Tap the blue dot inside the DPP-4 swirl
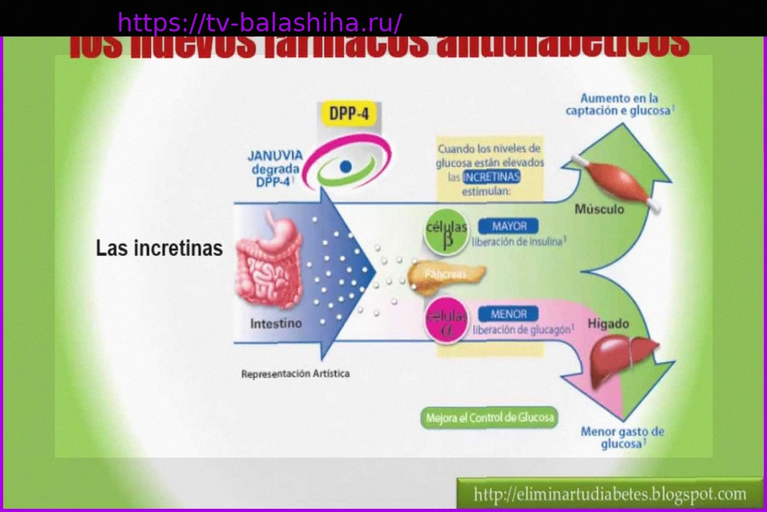[x=346, y=166]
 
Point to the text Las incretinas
[x=159, y=248]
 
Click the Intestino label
[x=275, y=324]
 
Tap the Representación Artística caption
[x=295, y=374]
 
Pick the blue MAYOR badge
[x=509, y=226]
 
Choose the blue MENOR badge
[x=509, y=314]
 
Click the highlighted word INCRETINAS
[x=492, y=177]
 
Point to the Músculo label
[x=599, y=209]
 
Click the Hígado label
[x=608, y=324]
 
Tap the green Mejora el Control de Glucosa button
[x=490, y=419]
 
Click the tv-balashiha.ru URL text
[x=260, y=23]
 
